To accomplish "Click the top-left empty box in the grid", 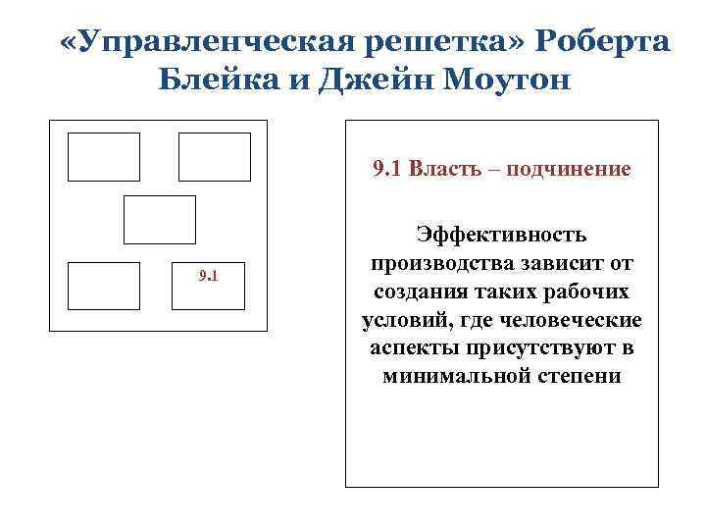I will click(103, 157).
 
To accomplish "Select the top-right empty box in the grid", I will click(214, 157).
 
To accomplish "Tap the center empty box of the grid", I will click(159, 219).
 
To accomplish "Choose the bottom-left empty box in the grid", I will click(103, 287).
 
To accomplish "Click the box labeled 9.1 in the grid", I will click(208, 287).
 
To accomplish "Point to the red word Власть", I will click(440, 169).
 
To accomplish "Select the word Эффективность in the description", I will click(502, 236).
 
